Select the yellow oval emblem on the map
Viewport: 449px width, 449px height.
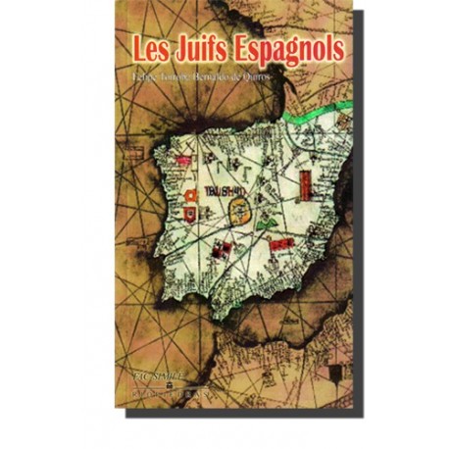(x=241, y=208)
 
